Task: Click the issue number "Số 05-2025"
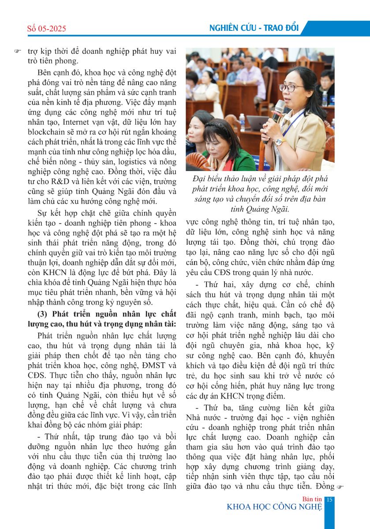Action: [x=46, y=29]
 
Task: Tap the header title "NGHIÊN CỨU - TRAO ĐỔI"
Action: [x=254, y=28]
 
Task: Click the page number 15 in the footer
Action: [x=329, y=499]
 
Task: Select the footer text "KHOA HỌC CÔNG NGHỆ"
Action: [x=274, y=507]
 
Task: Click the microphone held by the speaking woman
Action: [x=278, y=110]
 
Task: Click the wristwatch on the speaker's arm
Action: [x=279, y=142]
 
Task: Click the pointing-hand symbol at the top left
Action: [x=18, y=51]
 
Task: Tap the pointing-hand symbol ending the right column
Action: [x=339, y=487]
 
